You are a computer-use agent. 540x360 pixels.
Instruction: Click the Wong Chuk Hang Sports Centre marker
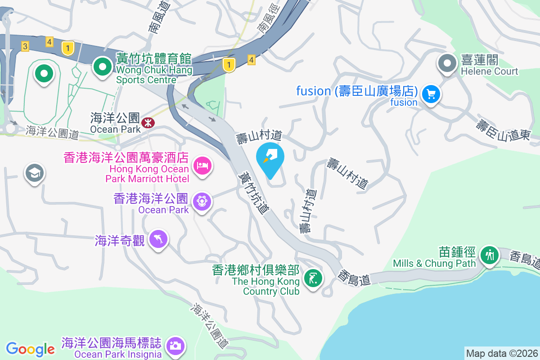coord(103,67)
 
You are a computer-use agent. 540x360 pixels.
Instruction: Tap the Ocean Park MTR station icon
coord(147,122)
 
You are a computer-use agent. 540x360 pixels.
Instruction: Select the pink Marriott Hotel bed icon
coord(202,165)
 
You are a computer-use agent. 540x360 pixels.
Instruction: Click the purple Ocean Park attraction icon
coord(202,201)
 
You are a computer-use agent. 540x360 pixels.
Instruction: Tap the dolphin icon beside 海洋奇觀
coord(158,238)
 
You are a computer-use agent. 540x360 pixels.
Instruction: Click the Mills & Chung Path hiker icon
coord(489,256)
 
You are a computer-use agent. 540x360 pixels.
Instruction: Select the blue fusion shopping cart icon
coord(431,94)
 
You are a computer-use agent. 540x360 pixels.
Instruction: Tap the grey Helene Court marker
coord(447,63)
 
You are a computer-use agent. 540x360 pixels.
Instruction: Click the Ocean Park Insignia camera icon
coord(175,346)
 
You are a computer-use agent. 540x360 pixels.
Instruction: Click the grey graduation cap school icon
coord(35,173)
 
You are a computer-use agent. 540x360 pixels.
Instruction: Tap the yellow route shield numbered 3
coord(25,46)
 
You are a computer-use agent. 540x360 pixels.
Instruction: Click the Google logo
coord(30,349)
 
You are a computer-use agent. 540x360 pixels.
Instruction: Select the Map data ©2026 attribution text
coord(502,353)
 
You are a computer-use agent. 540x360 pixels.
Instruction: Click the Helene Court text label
coord(490,71)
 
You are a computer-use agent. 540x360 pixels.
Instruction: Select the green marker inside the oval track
coord(44,73)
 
